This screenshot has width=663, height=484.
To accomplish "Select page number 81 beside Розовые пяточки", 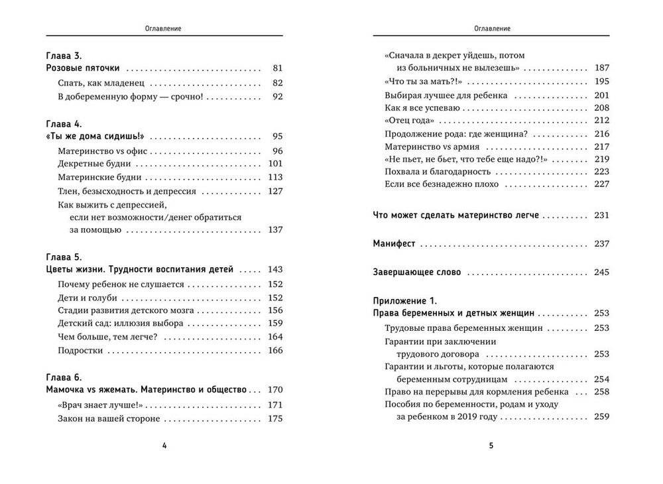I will coord(277,68).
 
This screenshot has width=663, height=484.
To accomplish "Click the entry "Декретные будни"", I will coord(95,164).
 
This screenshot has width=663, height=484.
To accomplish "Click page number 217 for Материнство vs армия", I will coord(601,147).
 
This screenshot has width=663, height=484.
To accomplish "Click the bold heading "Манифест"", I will coord(394,244).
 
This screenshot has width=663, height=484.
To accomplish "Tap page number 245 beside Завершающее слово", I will coord(601,272).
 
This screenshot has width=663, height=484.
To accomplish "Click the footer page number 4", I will coord(164,446).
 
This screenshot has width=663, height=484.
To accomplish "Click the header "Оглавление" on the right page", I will coord(491,29).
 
